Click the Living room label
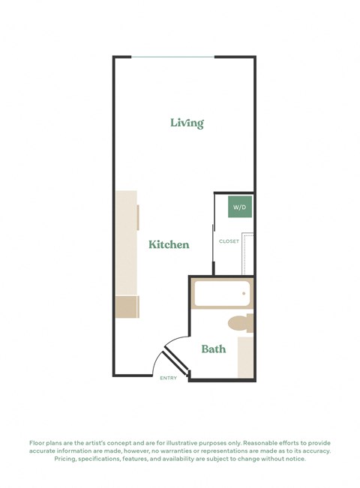point(187,123)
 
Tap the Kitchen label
point(168,244)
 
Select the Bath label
point(213,349)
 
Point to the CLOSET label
point(229,241)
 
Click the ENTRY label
point(169,378)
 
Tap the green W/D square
point(238,206)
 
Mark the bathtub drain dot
point(244,294)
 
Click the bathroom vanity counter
point(245,357)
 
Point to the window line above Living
point(174,58)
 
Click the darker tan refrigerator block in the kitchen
point(126,306)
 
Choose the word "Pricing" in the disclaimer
point(67,459)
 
